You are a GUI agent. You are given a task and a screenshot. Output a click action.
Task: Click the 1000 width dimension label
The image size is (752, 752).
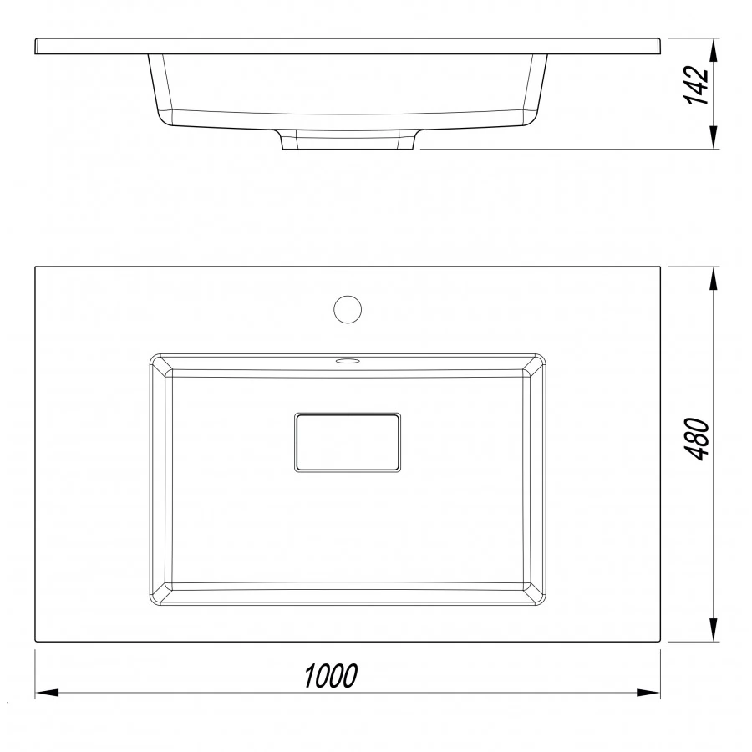tap(331, 675)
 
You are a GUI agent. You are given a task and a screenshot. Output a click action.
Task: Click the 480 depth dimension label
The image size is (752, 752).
tap(696, 439)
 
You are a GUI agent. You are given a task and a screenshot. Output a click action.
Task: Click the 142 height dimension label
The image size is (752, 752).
tap(696, 85)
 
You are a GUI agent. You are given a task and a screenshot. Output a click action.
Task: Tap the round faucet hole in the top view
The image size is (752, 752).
tap(348, 309)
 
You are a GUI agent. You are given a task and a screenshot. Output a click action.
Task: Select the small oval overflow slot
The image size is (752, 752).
tap(348, 361)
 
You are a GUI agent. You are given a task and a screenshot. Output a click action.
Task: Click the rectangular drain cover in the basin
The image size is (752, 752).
tap(348, 442)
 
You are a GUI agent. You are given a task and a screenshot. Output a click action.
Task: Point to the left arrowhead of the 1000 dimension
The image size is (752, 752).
tap(47, 693)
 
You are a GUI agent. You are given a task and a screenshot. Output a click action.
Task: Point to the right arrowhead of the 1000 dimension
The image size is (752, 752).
tap(648, 693)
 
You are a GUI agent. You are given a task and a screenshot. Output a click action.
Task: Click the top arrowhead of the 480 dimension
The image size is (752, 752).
tap(714, 278)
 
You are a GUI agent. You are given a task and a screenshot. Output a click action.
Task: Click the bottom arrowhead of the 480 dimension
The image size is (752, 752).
tap(714, 629)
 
